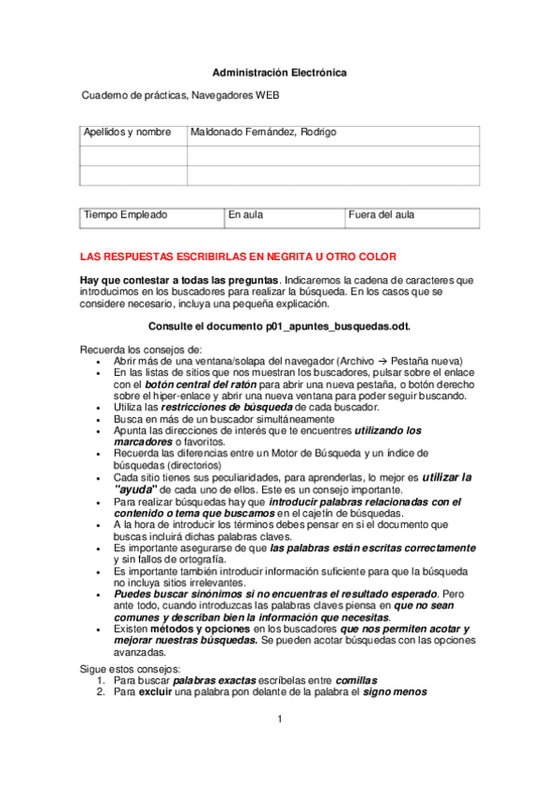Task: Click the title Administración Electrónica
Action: point(279,72)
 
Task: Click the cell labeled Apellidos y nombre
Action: point(127,133)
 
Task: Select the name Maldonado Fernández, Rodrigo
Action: point(263,133)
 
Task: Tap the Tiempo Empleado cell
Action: point(126,215)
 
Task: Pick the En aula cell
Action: point(246,215)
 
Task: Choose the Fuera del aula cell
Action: point(382,215)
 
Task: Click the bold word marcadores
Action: point(143,442)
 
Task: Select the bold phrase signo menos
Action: point(396,693)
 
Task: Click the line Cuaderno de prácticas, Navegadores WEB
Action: point(180,95)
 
